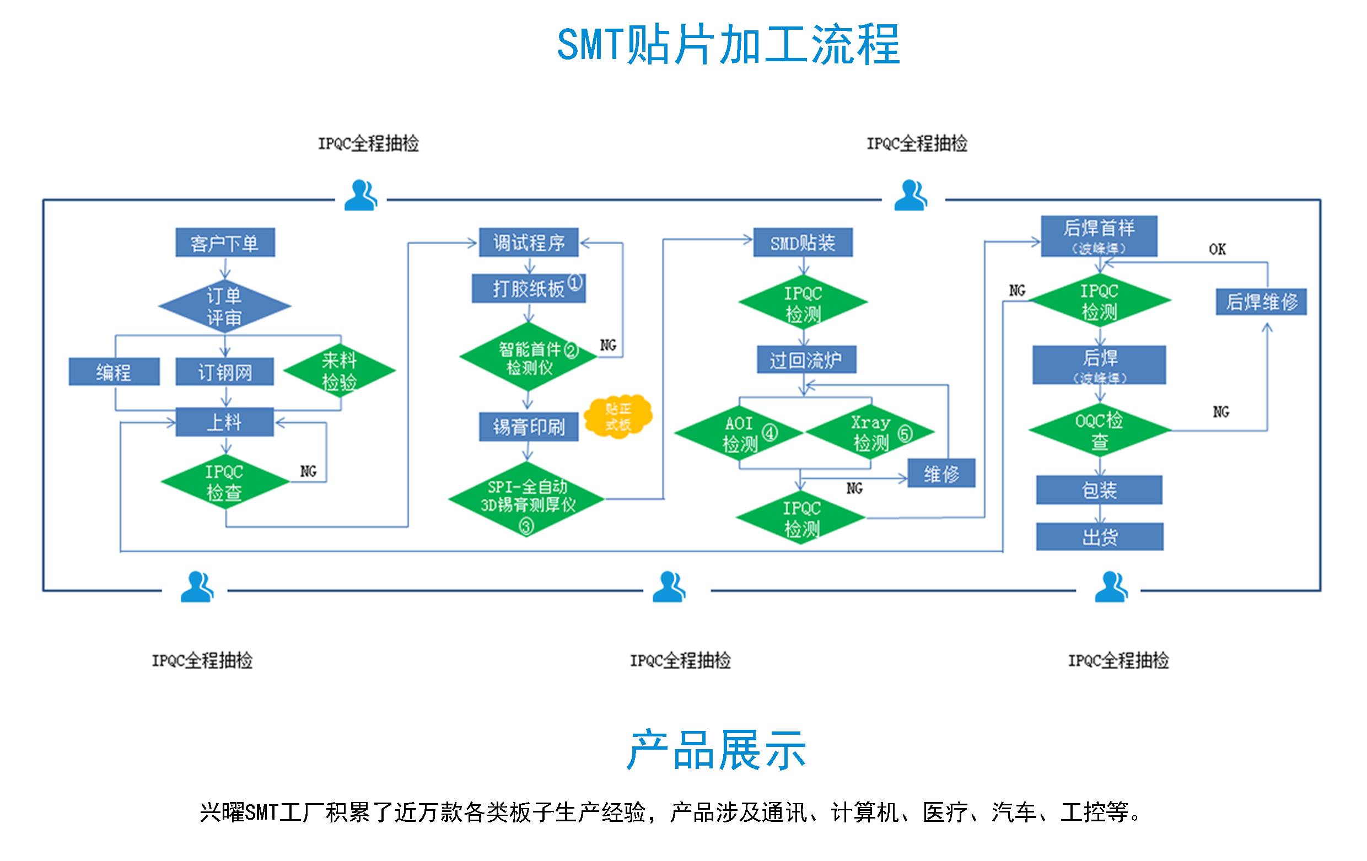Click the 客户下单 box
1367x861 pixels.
point(225,243)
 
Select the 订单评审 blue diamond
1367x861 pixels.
point(224,306)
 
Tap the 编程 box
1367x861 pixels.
point(114,372)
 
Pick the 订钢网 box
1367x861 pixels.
point(224,372)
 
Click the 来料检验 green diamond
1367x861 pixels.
point(339,370)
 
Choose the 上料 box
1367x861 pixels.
point(224,422)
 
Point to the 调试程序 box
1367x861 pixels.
point(528,243)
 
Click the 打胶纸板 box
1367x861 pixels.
point(528,288)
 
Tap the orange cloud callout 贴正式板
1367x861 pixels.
point(618,416)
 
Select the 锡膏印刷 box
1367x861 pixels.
point(528,426)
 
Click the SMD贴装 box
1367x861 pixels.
point(802,243)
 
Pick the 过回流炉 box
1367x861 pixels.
point(805,359)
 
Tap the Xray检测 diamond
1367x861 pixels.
point(870,432)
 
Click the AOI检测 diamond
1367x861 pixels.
point(739,433)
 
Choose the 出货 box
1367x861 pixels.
point(1099,536)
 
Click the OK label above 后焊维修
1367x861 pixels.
point(1217,249)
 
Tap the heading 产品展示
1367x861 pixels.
point(717,750)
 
